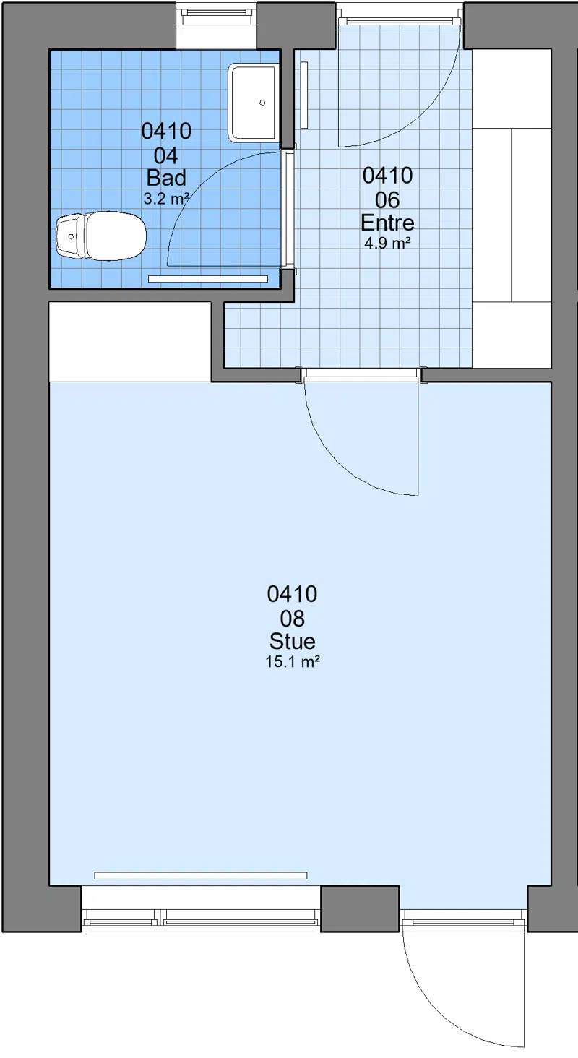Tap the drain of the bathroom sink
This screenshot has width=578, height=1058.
coord(262,103)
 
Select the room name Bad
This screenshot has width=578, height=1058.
coord(166,178)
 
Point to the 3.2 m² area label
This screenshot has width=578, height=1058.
coord(166,199)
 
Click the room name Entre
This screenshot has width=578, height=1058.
coord(387,223)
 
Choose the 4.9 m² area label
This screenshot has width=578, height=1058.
coord(387,244)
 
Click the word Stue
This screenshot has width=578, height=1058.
coord(293,641)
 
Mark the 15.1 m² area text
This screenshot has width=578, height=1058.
coord(293,662)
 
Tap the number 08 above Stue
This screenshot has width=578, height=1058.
coord(293,619)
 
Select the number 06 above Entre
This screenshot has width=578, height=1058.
coord(387,200)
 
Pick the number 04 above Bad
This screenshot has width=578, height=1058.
coord(166,156)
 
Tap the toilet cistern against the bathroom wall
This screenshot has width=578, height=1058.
coord(70,236)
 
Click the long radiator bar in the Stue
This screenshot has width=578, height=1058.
coord(201,876)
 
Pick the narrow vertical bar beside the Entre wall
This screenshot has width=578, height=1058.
coord(305,95)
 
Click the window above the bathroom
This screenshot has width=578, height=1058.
coord(216,12)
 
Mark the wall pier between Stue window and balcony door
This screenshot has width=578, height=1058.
coord(361,908)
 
